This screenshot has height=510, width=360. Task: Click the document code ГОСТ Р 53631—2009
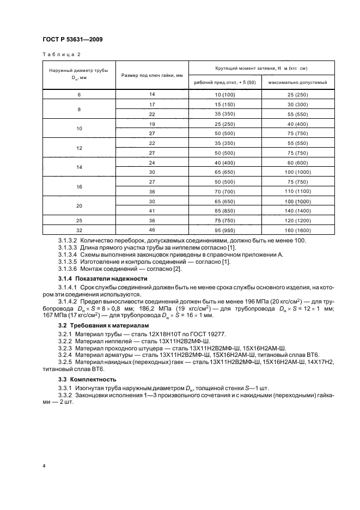coord(72,39)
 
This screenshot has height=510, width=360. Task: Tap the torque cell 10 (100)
coord(224,95)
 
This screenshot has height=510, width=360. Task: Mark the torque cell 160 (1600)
coord(298,230)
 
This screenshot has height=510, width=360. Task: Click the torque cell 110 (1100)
coord(298,192)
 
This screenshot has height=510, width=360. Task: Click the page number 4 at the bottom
coord(43,466)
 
